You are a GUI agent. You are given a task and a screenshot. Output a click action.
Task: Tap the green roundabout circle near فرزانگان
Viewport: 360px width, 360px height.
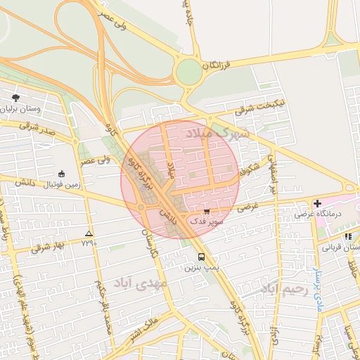click(x=188, y=71)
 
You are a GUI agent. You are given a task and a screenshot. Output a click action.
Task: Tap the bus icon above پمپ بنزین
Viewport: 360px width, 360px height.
click(x=202, y=257)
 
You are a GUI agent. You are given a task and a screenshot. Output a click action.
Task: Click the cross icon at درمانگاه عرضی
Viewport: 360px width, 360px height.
click(x=317, y=202)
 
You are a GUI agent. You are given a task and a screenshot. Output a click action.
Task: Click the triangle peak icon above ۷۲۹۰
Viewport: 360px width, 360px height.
click(x=89, y=233)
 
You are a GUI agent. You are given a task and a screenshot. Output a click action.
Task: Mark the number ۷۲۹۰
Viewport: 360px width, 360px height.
click(x=89, y=243)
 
